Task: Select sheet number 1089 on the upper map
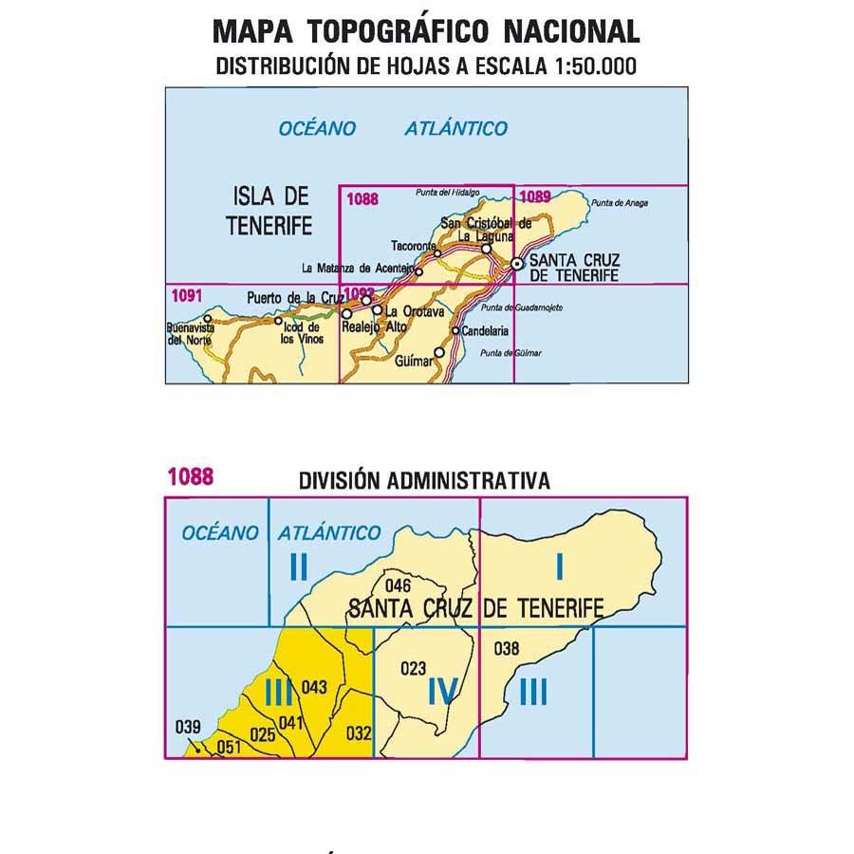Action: click(x=536, y=197)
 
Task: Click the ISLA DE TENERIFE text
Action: click(x=270, y=212)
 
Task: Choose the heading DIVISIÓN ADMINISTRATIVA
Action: click(x=423, y=481)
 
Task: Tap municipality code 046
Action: click(x=399, y=585)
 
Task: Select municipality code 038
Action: click(x=507, y=649)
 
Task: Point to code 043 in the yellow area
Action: click(x=313, y=687)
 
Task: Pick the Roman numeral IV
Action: click(x=443, y=693)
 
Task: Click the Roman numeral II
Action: click(x=298, y=566)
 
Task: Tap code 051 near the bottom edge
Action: click(x=228, y=747)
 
